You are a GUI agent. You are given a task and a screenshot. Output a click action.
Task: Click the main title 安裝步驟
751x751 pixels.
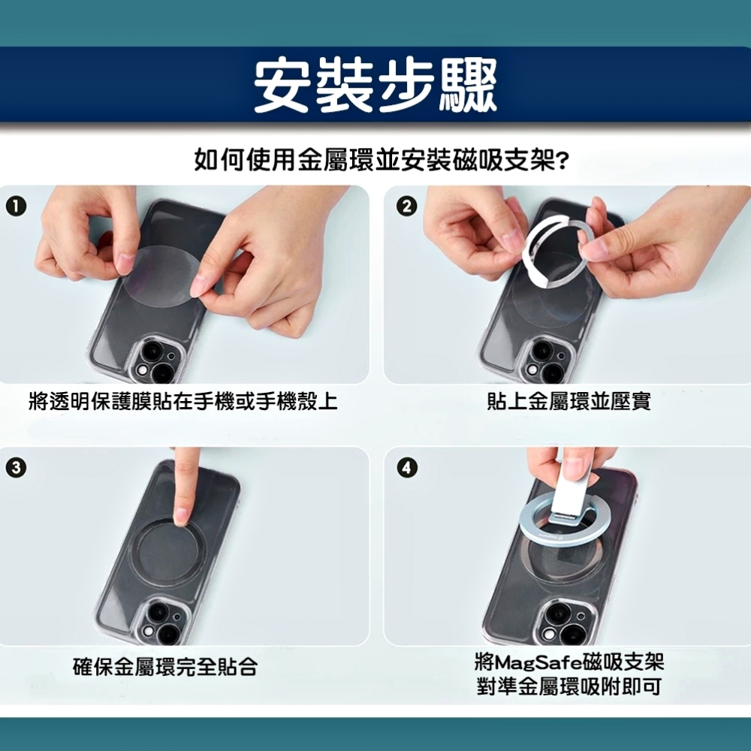click(x=375, y=86)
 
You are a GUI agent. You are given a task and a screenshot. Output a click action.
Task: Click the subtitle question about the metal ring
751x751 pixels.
click(x=382, y=159)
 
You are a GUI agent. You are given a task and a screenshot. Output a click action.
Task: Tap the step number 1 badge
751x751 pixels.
click(x=16, y=207)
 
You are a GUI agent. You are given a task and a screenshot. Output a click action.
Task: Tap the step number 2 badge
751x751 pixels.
click(x=406, y=207)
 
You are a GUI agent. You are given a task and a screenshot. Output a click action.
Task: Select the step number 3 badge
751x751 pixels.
click(x=16, y=467)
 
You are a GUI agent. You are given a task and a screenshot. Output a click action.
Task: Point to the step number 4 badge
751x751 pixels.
click(x=406, y=467)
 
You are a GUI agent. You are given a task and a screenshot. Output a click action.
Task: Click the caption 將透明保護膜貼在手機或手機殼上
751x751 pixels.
click(x=183, y=401)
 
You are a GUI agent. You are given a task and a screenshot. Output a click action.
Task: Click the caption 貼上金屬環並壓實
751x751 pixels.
click(x=569, y=401)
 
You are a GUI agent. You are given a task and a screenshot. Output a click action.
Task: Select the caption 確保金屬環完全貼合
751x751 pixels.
click(x=165, y=666)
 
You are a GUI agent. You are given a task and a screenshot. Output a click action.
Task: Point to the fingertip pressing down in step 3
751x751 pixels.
click(x=183, y=517)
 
